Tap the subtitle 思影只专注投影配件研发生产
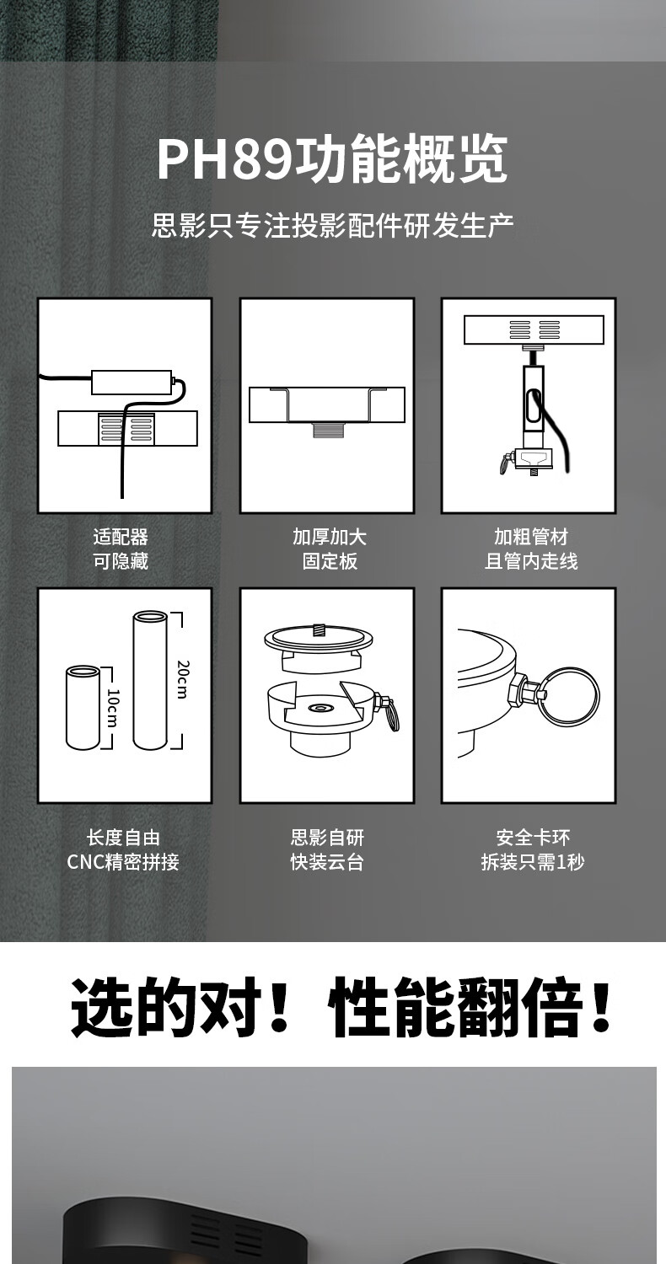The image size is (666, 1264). click(333, 225)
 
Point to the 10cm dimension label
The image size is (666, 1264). click(112, 708)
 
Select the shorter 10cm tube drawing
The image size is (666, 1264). click(83, 708)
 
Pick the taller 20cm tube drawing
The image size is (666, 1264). click(150, 681)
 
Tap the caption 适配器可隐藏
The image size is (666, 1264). click(121, 549)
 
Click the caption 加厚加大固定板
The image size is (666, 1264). click(330, 549)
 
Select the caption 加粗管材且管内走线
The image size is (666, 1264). click(531, 549)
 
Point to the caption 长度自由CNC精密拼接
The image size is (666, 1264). click(123, 849)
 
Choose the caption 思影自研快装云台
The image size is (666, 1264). click(327, 849)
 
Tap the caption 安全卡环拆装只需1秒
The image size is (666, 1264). click(533, 849)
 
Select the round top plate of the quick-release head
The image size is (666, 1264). click(319, 638)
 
